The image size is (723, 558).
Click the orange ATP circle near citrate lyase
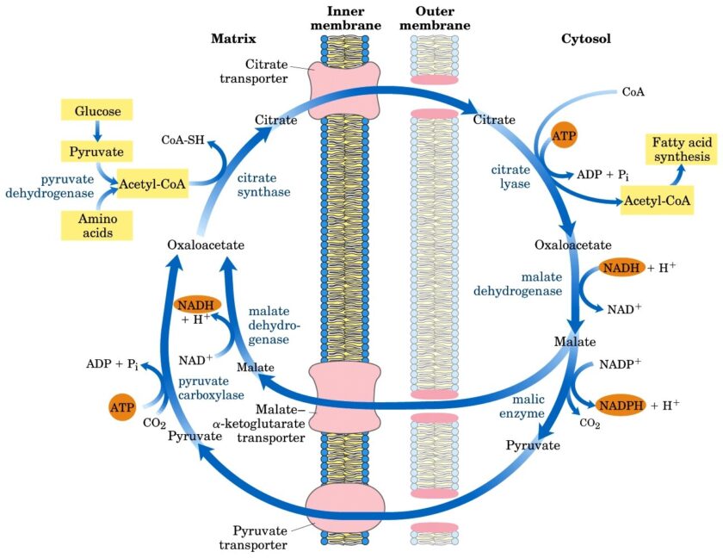point(565,137)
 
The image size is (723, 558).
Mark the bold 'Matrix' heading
point(233,39)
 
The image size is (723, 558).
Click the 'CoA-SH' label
point(182,139)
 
